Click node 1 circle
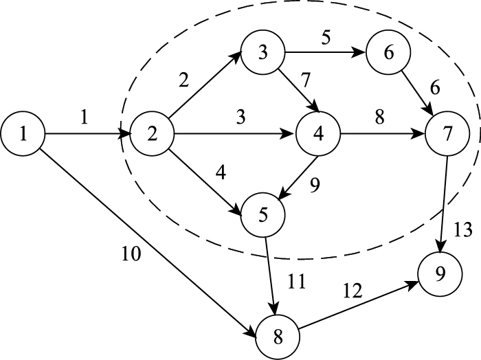(x=23, y=133)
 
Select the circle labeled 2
(x=151, y=133)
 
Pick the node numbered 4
(x=318, y=133)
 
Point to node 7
(x=447, y=133)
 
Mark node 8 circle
(x=278, y=336)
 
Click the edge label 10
(x=130, y=256)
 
